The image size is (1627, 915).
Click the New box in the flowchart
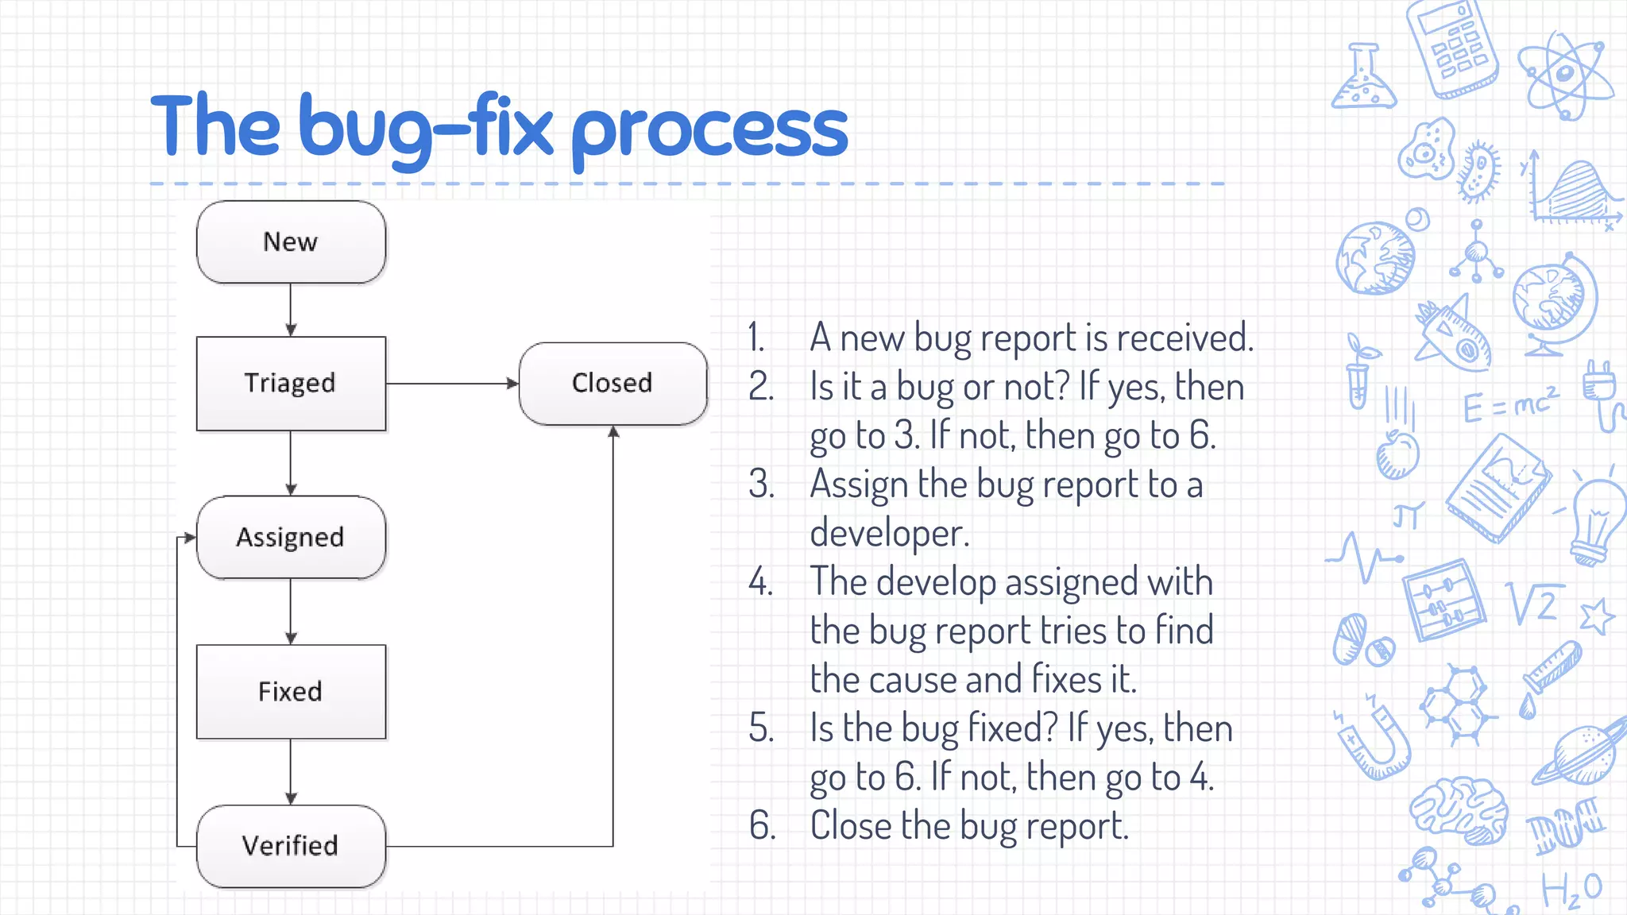(x=291, y=242)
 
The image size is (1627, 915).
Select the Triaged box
(x=291, y=384)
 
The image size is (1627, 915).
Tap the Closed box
(x=613, y=384)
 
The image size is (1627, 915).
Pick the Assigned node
(x=291, y=538)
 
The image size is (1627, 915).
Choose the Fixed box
(x=291, y=692)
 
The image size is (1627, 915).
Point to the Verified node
(x=291, y=846)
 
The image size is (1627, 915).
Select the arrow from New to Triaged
(x=291, y=310)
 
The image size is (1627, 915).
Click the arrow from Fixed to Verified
(x=291, y=771)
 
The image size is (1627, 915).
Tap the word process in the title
(x=709, y=131)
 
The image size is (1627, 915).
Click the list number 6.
(x=761, y=826)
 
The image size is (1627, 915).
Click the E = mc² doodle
(x=1509, y=405)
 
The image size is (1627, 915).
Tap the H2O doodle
(x=1571, y=890)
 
